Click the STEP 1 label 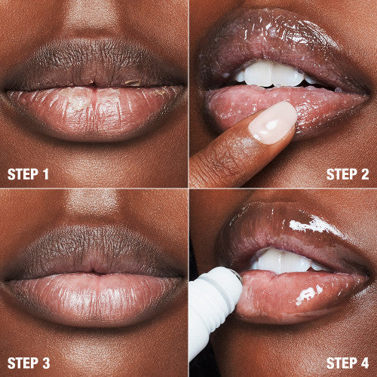point(29,175)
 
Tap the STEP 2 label point(348,175)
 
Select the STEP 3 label point(29,363)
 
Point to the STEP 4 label point(348,363)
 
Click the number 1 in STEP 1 point(46,175)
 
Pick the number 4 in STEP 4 point(365,363)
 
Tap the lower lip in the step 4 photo point(302,290)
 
